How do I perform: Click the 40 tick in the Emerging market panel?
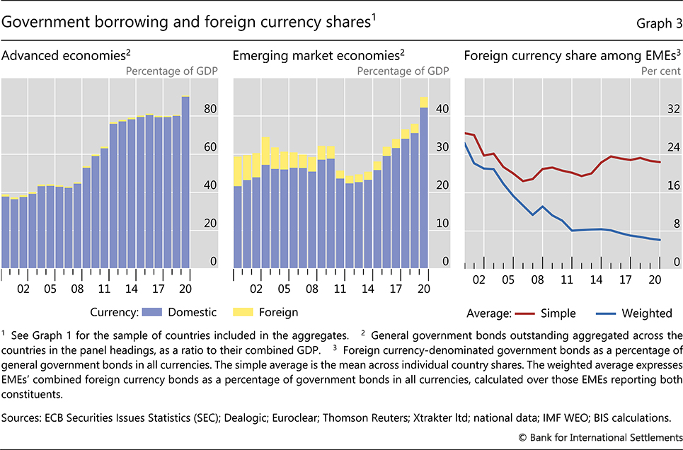pyautogui.click(x=442, y=110)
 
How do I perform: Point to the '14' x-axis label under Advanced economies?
pyautogui.click(x=132, y=289)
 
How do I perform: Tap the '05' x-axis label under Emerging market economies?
pyautogui.click(x=283, y=289)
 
